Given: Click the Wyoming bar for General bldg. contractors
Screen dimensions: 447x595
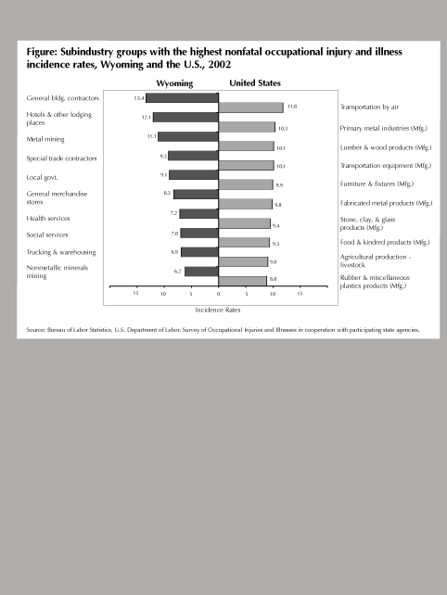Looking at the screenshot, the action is point(183,97).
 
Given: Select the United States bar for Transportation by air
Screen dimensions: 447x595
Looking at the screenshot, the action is point(250,108).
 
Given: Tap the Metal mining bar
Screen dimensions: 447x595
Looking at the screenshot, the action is point(188,136).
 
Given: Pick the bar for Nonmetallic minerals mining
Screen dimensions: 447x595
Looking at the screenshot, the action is point(201,272).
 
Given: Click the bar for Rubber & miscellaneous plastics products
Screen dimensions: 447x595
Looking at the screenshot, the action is point(242,281).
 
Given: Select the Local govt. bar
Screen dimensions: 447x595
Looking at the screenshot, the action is point(194,175).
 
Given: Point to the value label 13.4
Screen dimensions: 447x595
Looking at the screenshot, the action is point(139,98).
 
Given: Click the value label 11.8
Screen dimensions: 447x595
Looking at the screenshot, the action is point(292,107).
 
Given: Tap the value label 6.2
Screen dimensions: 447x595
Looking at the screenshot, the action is point(177,272).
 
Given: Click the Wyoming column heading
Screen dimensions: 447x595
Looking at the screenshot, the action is point(174,83).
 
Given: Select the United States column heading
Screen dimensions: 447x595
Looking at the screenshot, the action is point(255,83).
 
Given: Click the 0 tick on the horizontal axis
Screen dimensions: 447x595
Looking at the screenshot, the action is point(218,294).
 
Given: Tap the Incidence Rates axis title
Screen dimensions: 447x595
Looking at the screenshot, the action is point(218,310).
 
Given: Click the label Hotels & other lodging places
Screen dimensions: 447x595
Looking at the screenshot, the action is point(58,119).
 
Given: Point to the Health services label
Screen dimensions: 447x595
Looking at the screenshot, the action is point(48,218).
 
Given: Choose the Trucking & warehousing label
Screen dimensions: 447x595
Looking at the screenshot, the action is point(61,252).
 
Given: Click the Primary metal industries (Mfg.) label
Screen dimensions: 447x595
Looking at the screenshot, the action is point(384,128).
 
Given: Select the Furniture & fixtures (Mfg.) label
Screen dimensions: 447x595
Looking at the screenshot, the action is point(377,184).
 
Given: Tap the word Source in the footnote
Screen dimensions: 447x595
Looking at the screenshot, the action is point(35,330).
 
